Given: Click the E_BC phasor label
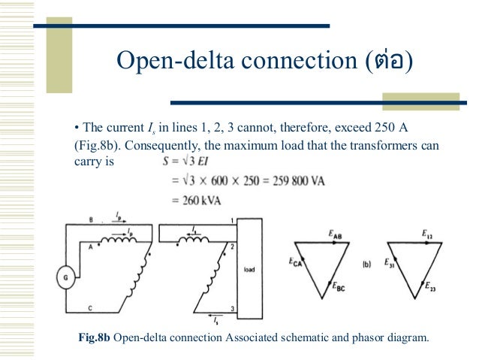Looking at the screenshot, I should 339,286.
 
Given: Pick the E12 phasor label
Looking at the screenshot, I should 427,234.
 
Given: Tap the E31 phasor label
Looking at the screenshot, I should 390,262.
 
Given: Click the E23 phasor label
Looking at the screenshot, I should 431,286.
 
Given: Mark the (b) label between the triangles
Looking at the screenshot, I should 366,264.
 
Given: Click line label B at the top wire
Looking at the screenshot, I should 92,220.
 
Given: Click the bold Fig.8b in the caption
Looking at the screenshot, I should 94,337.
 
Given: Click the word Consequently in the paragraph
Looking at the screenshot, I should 158,144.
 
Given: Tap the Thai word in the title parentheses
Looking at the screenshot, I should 387,60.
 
